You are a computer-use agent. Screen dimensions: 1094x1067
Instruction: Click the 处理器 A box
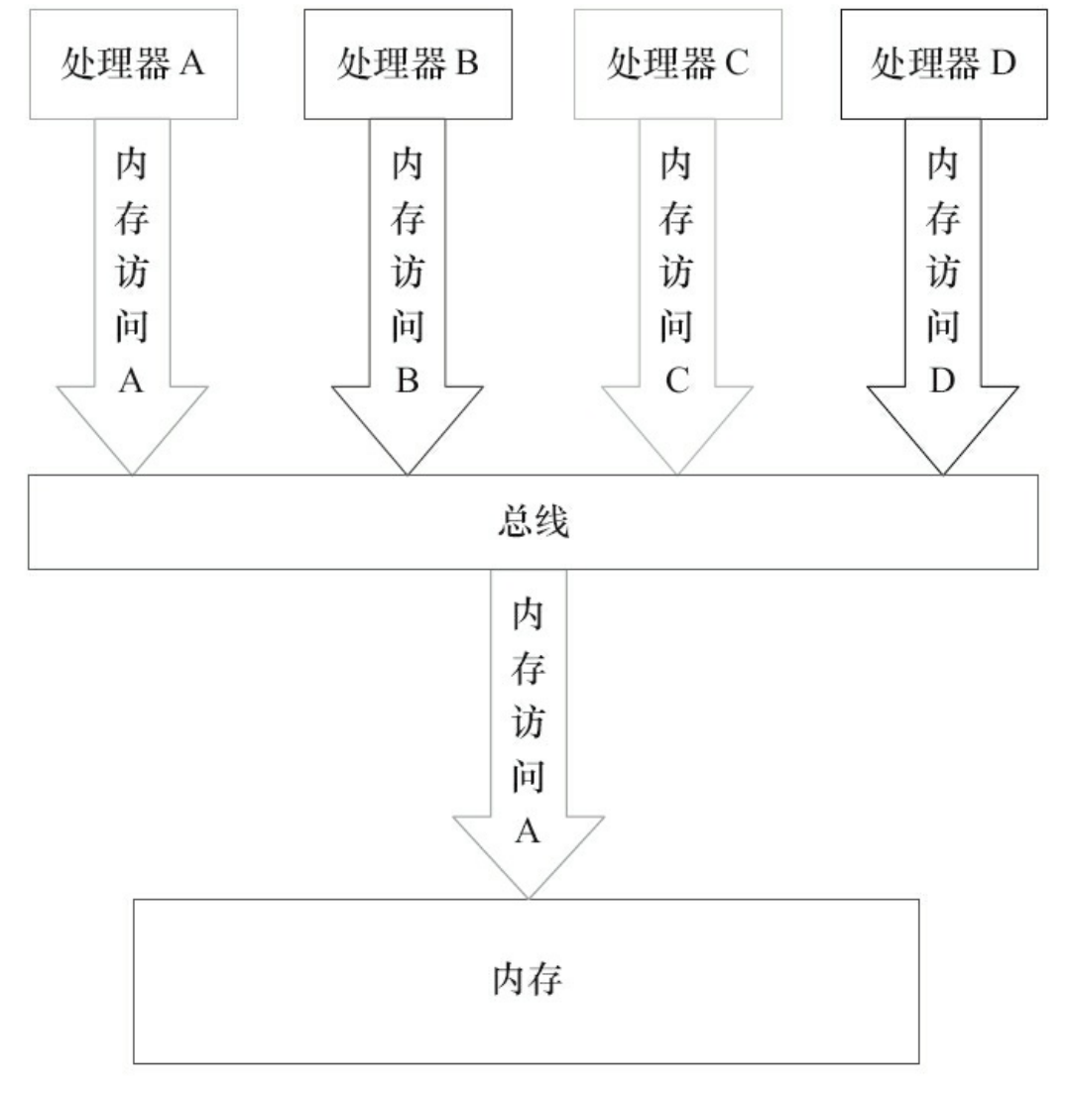tap(133, 64)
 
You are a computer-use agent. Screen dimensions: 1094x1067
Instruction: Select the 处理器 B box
tap(408, 64)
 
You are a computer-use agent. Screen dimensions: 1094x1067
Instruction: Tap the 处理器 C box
tap(676, 64)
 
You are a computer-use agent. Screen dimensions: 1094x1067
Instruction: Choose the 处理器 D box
tap(943, 64)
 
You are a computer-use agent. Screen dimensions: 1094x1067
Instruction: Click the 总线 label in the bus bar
tap(533, 523)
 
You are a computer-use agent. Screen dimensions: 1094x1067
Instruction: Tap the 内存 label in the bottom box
tap(528, 980)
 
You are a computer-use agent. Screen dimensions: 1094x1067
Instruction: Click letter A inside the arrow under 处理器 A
tap(133, 382)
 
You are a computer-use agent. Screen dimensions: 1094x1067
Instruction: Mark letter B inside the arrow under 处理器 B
tap(408, 382)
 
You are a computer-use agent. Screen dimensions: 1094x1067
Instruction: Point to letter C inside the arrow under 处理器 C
tap(676, 382)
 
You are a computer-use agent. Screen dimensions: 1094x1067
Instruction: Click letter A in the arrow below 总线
tap(528, 832)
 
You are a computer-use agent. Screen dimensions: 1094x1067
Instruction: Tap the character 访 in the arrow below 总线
tap(528, 724)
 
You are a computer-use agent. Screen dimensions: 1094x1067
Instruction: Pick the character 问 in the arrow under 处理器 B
tap(408, 328)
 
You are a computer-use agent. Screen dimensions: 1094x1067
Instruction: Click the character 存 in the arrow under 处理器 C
tap(676, 220)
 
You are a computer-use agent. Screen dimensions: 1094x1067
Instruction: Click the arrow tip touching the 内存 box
tap(529, 896)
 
